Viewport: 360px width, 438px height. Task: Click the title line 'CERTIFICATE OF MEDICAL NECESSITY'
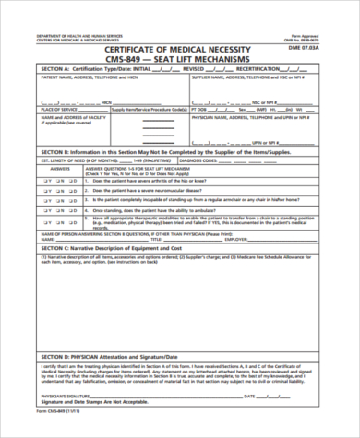click(x=180, y=50)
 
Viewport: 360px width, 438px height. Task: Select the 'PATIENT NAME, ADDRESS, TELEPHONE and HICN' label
click(x=82, y=78)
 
